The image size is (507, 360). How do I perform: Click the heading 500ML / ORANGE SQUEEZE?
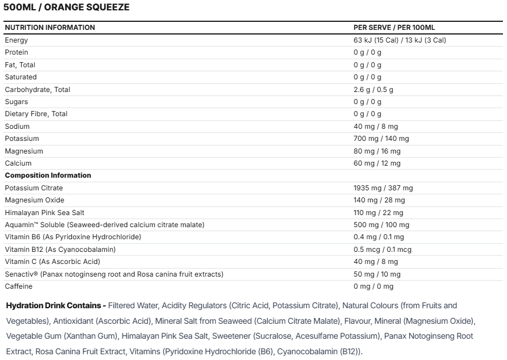tap(67, 7)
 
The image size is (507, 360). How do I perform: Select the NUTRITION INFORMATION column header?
tap(50, 28)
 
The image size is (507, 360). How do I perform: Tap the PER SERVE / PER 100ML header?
tap(398, 28)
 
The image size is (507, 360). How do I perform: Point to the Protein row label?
tap(16, 52)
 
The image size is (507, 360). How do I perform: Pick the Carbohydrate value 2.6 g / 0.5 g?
tap(373, 90)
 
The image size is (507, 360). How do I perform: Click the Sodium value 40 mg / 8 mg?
tap(375, 127)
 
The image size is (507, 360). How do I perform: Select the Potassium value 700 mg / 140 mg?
tap(381, 139)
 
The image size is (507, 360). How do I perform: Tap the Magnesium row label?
tap(24, 151)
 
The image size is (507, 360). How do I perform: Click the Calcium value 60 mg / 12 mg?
tap(376, 163)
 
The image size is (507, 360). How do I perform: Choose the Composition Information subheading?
tap(48, 175)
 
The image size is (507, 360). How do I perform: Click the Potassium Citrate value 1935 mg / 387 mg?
tap(383, 188)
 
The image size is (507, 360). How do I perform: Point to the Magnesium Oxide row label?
tap(35, 200)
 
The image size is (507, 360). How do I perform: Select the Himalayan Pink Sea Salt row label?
tap(45, 213)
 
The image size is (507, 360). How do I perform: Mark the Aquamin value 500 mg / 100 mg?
tap(381, 225)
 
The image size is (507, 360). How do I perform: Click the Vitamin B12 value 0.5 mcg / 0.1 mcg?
tap(382, 250)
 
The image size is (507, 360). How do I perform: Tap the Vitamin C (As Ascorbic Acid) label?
tap(52, 262)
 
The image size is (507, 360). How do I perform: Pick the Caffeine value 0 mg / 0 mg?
tap(373, 286)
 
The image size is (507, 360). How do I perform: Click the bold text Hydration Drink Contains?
tap(55, 305)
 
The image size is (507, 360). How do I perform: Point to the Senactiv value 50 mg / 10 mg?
tap(377, 274)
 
